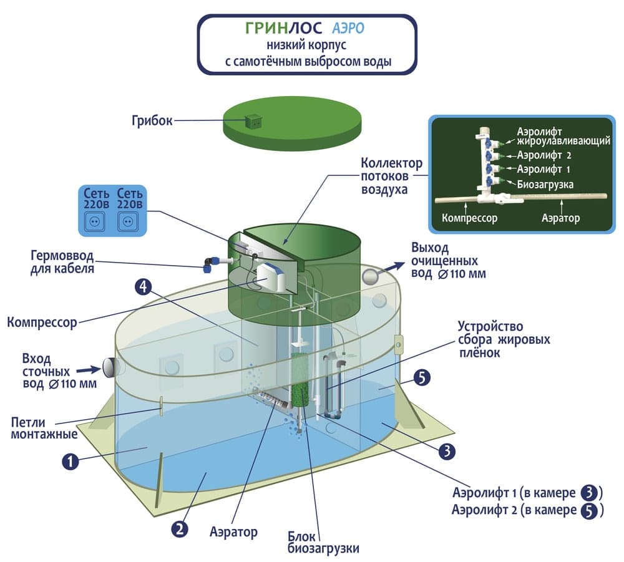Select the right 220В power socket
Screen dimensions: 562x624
[130, 221]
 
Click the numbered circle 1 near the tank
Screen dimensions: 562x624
[71, 462]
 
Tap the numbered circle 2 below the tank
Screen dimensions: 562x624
[179, 529]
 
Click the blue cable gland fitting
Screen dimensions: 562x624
[209, 264]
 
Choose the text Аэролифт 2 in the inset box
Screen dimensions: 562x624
[543, 155]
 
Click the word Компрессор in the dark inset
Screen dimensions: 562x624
[469, 218]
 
